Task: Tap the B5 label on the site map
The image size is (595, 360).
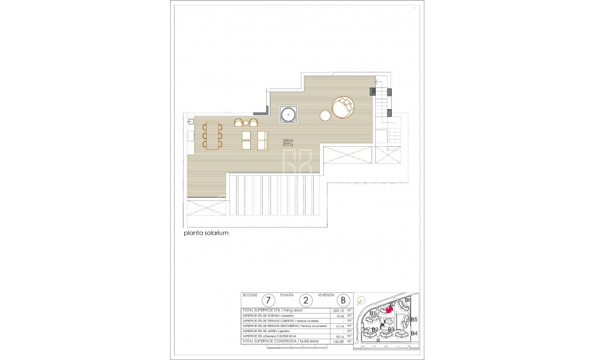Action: point(414,320)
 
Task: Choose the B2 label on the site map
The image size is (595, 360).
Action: point(374,329)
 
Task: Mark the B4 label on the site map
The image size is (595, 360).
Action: point(414,333)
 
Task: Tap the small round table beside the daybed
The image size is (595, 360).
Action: point(325,115)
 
